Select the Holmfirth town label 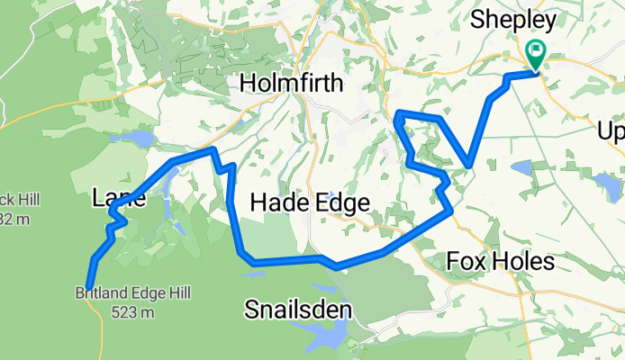tap(291, 85)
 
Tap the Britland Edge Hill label tap(121, 292)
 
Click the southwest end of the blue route tap(89, 287)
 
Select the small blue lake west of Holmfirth tap(140, 139)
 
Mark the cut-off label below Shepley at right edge tap(611, 132)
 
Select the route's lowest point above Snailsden tap(335, 267)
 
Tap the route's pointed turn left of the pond tap(468, 165)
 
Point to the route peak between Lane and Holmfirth tap(213, 149)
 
